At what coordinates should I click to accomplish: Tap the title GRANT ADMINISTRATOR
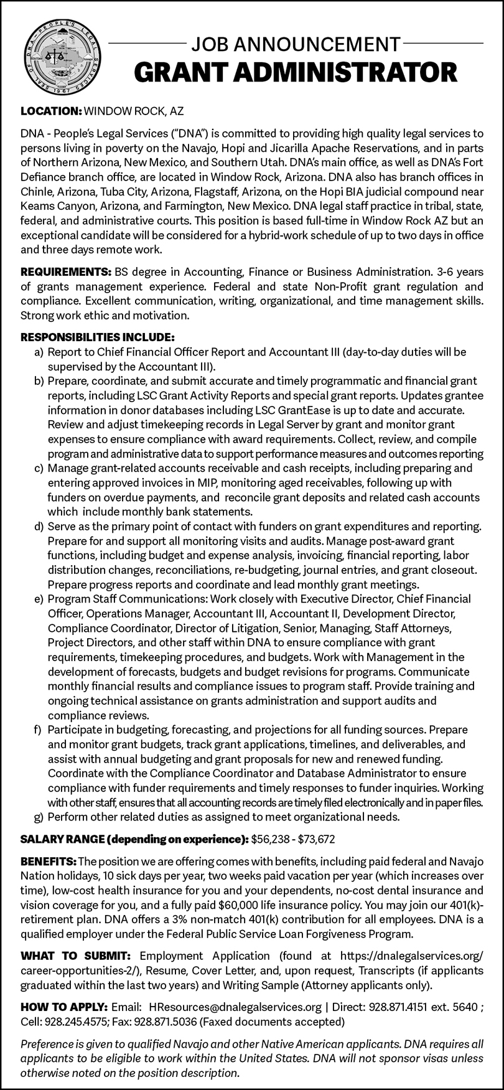(296, 73)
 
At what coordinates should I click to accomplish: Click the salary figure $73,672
(316, 839)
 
